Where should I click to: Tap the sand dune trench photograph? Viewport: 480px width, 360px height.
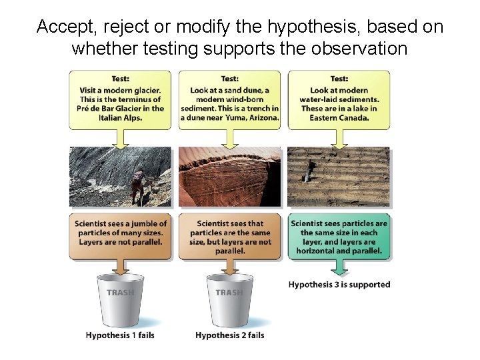pyautogui.click(x=229, y=177)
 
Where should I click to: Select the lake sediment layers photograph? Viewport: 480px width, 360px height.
pyautogui.click(x=339, y=177)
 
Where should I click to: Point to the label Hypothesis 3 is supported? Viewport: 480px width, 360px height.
pyautogui.click(x=339, y=285)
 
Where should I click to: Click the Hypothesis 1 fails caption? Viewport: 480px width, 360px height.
pyautogui.click(x=120, y=335)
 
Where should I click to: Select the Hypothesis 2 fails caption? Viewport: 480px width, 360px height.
pyautogui.click(x=229, y=335)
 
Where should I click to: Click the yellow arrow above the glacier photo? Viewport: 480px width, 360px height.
pyautogui.click(x=120, y=138)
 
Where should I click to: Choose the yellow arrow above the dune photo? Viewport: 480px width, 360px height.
pyautogui.click(x=229, y=138)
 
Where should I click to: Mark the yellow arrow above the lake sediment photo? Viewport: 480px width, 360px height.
pyautogui.click(x=339, y=138)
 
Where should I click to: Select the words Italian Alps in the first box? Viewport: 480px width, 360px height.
pyautogui.click(x=120, y=118)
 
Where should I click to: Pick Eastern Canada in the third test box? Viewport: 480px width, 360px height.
pyautogui.click(x=339, y=118)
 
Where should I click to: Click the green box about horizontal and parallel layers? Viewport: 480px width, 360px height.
pyautogui.click(x=339, y=237)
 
